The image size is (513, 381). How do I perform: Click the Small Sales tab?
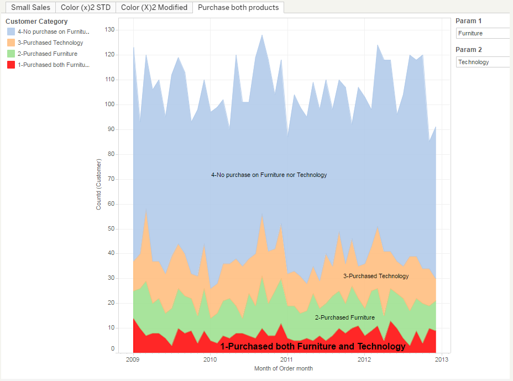point(31,7)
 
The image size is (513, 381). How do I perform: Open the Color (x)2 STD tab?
point(86,7)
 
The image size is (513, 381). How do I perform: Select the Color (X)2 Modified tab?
point(154,7)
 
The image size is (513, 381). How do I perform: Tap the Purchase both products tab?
point(238,7)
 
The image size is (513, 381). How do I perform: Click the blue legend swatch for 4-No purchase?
point(11,32)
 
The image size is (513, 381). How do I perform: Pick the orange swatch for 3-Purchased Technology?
point(11,43)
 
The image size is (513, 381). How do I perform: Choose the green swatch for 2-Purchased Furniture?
point(11,54)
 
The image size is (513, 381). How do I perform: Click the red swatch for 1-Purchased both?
point(11,65)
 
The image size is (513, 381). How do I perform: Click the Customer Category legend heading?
point(36,21)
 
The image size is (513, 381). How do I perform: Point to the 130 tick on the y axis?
point(109,30)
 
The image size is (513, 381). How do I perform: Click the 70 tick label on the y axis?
point(111,179)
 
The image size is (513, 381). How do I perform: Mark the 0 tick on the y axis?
point(113,349)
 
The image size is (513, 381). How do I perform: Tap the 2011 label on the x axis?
point(287,359)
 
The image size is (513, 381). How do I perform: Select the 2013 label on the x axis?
point(442,359)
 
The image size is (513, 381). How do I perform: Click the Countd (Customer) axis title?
point(98,184)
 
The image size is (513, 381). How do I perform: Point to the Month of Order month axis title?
point(284,369)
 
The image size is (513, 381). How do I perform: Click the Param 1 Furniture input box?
point(483,33)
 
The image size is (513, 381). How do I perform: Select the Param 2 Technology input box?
point(483,62)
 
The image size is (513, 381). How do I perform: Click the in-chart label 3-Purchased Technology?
point(376,276)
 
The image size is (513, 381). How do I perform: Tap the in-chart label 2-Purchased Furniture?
point(345,317)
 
